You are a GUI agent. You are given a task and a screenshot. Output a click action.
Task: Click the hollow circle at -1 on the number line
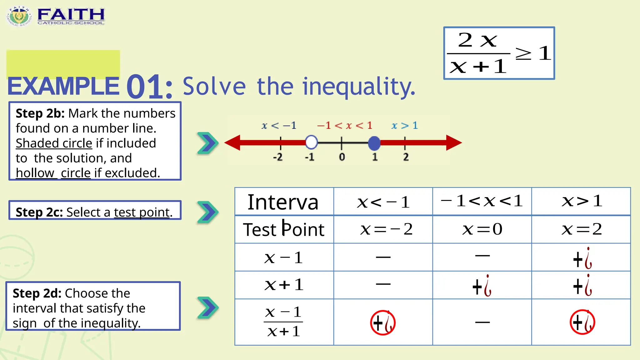pos(311,142)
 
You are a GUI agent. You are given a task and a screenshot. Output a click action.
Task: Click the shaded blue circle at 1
pos(374,143)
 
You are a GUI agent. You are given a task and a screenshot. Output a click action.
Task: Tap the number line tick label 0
pos(342,157)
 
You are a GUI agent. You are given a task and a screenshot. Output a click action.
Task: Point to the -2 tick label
pos(278,157)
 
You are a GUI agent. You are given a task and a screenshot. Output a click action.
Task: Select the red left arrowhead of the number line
pos(232,143)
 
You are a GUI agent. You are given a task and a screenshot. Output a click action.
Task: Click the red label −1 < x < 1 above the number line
pos(345,126)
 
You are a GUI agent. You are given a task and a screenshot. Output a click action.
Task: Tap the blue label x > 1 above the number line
pos(405,126)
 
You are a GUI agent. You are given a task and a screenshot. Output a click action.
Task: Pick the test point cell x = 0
pos(482,229)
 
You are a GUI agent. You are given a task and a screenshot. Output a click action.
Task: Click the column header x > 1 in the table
pos(582,201)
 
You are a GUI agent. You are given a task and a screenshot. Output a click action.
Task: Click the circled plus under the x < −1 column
pos(383,322)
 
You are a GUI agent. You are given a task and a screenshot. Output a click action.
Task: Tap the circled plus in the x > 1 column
pos(582,322)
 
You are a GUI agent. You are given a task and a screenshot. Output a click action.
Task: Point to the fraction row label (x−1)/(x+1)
pos(283,322)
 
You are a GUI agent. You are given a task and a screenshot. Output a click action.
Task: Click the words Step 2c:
pos(39,212)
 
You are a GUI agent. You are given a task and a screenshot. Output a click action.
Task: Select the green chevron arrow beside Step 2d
pos(207,308)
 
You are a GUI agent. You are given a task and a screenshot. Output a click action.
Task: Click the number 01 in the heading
pos(149,87)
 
